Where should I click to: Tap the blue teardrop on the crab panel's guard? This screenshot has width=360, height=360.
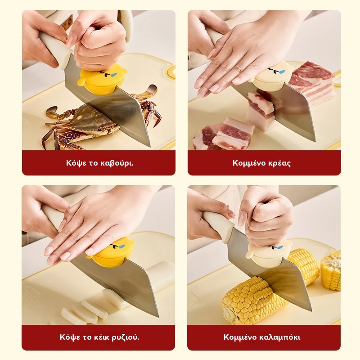(x=113, y=75)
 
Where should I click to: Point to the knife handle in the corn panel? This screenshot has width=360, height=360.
(x=218, y=225)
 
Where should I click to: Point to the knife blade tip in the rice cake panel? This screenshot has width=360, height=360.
(x=158, y=316)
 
